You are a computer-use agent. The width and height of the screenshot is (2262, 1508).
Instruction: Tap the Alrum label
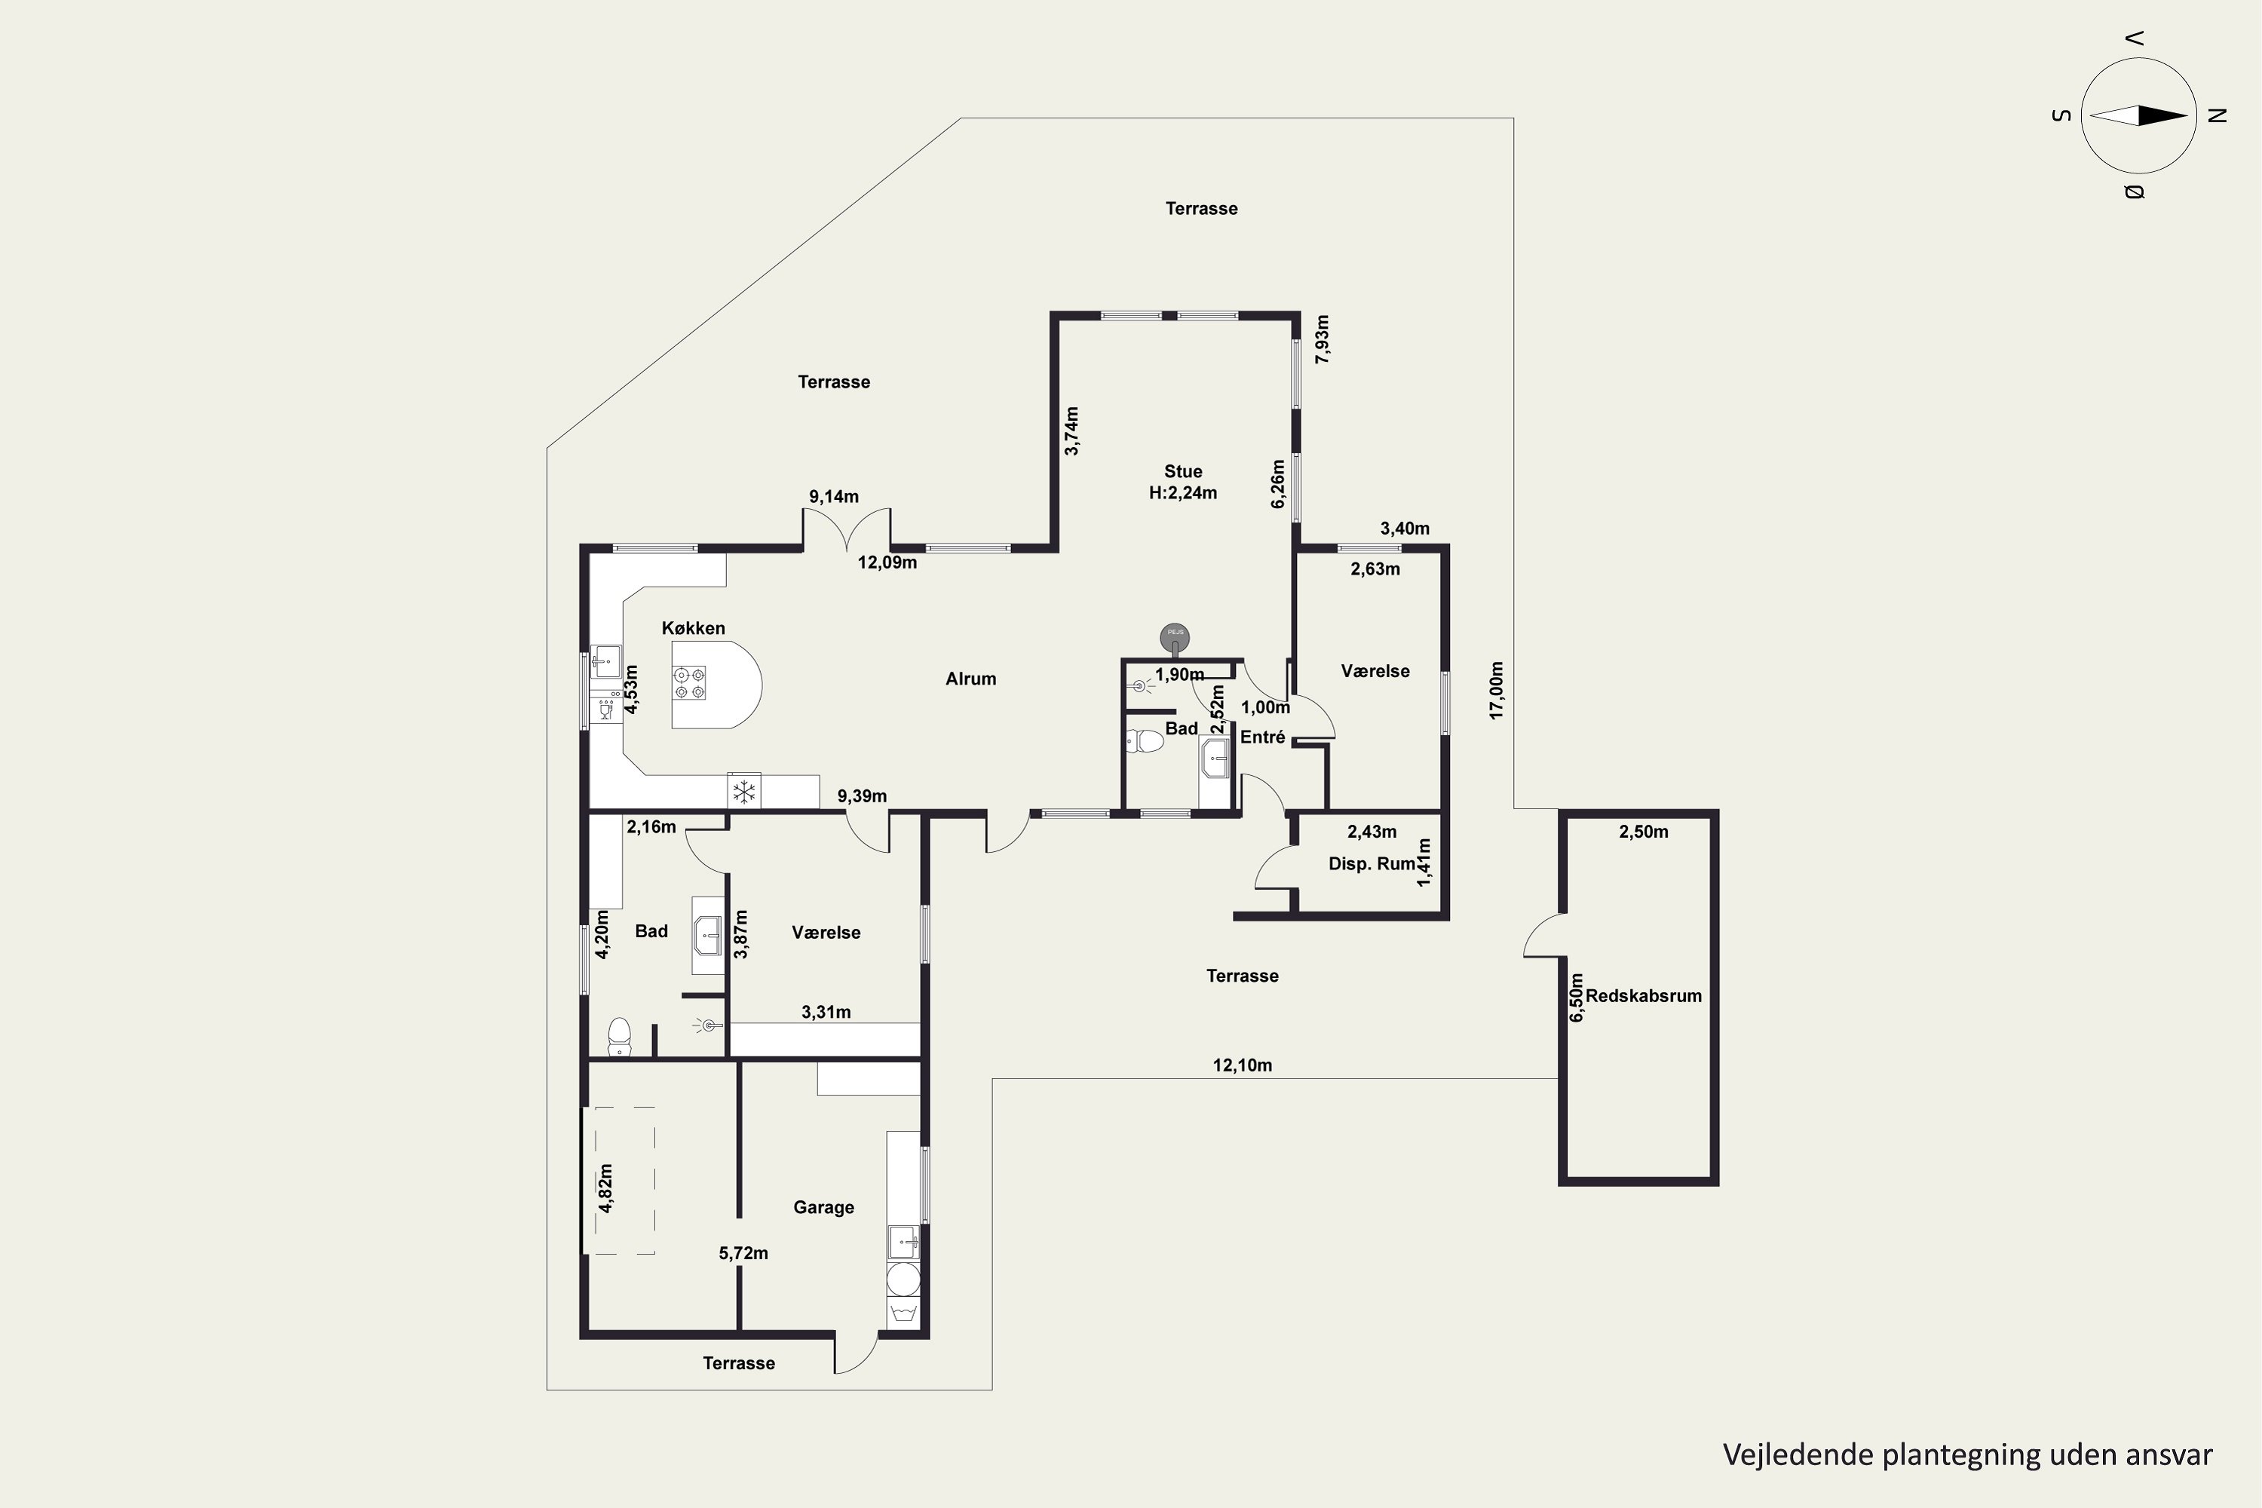(970, 679)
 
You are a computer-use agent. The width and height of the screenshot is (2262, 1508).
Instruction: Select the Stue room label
(1183, 471)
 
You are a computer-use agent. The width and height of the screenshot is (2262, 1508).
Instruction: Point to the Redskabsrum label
(1644, 996)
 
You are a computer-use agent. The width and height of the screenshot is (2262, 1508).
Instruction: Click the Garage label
(823, 1207)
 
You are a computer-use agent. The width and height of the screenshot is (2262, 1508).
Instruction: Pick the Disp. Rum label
(1372, 863)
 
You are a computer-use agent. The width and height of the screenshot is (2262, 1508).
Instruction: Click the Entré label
(1263, 737)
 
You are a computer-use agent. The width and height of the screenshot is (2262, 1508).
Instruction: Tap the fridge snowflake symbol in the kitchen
(743, 792)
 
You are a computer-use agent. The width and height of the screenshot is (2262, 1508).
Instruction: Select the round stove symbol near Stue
(1174, 636)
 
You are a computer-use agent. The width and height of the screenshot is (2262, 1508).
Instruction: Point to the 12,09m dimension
(887, 562)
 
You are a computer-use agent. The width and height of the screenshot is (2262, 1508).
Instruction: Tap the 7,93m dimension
(1323, 339)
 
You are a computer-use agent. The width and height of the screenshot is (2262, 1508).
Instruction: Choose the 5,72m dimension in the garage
(743, 1253)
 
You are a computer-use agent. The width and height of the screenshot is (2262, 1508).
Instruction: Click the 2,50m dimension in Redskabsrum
(1644, 832)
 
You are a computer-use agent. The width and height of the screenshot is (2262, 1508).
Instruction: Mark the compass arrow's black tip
(2187, 115)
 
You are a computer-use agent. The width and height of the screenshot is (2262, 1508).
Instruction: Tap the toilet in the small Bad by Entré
(1145, 741)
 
